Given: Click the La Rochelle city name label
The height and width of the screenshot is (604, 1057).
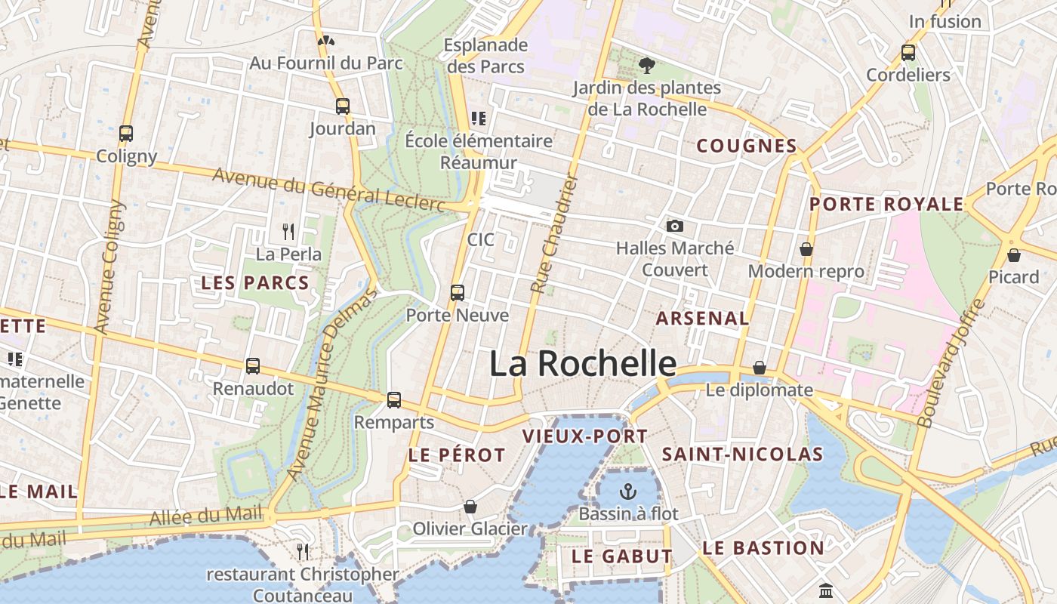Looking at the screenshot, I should (583, 364).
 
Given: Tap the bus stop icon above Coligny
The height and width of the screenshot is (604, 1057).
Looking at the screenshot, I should (126, 134).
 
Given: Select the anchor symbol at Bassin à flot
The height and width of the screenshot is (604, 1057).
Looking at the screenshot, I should (627, 492).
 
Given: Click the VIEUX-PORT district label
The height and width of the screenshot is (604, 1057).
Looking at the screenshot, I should (585, 436).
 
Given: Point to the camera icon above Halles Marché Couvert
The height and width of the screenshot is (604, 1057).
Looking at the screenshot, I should (675, 226).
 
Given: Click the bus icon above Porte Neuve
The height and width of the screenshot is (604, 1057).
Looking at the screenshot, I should (457, 292).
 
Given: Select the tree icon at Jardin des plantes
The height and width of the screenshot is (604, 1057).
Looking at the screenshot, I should (646, 65).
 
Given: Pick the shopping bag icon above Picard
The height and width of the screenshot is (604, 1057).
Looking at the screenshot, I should (1013, 255).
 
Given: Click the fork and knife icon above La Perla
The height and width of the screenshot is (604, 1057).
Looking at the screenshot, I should (288, 231).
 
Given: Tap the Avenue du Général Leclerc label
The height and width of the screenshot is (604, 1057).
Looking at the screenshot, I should (328, 190).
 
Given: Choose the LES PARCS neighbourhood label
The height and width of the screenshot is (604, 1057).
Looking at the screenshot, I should (255, 283).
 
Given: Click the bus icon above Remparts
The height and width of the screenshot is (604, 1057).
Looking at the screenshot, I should (393, 399).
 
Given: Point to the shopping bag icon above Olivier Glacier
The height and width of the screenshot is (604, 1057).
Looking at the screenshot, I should (470, 506).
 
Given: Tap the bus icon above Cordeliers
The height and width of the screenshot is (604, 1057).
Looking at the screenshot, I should (908, 53).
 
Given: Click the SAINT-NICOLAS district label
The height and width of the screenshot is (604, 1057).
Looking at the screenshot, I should (741, 454).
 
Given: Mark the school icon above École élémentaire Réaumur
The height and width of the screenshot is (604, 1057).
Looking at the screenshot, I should (478, 118).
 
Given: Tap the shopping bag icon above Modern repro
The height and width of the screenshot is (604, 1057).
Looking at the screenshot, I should (806, 249).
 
